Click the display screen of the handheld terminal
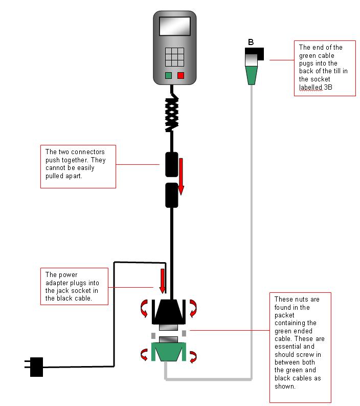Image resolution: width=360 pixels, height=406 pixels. [174, 27]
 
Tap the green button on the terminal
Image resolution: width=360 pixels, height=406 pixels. [168, 75]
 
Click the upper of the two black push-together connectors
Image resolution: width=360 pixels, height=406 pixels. [172, 164]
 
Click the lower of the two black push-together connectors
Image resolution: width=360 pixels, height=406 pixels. [172, 196]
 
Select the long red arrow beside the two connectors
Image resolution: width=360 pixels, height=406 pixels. [181, 177]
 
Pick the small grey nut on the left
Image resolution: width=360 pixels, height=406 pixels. [153, 335]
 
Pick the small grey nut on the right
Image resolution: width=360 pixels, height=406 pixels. [184, 333]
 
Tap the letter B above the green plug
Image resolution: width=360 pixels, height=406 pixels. [251, 42]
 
